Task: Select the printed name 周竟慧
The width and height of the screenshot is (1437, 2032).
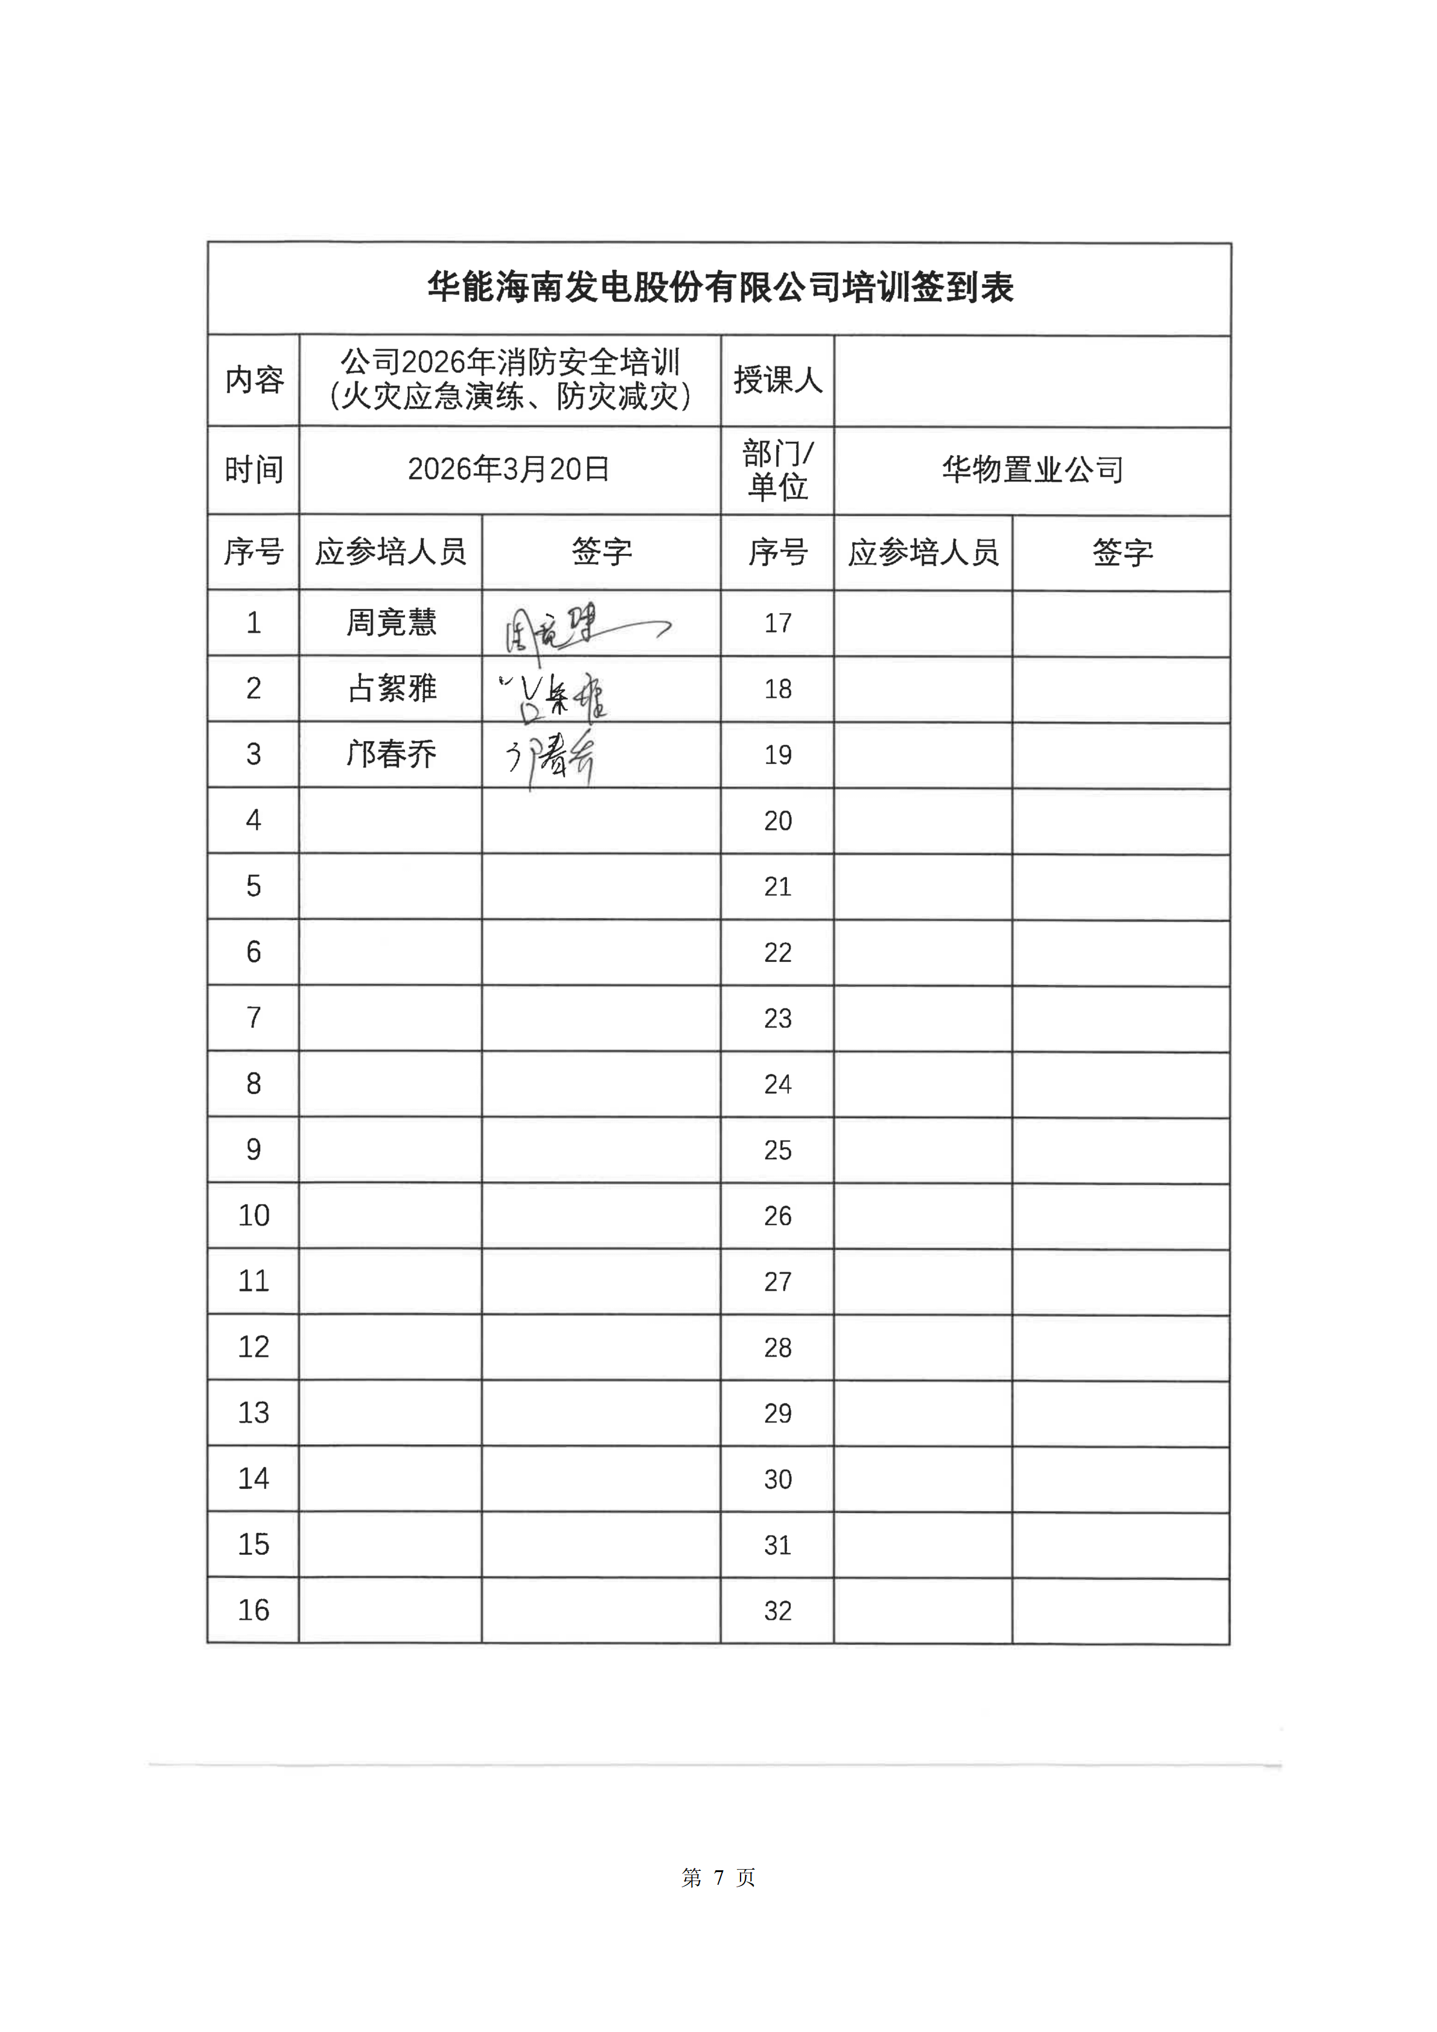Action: click(x=390, y=622)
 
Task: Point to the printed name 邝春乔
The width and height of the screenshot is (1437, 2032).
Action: click(x=390, y=754)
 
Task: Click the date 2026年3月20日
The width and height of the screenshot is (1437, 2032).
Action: click(x=509, y=469)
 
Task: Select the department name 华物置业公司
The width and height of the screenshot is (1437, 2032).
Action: click(x=1032, y=470)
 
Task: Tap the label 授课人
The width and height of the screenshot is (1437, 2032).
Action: click(x=777, y=381)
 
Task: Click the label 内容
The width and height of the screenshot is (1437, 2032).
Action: click(x=254, y=381)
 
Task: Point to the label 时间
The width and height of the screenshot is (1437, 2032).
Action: click(x=254, y=470)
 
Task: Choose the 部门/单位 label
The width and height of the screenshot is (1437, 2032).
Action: click(x=777, y=470)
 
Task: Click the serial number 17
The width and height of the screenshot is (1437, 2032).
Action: click(x=777, y=623)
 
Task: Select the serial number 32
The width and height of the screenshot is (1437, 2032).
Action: click(x=777, y=1611)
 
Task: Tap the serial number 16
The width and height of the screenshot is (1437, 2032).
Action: click(x=254, y=1610)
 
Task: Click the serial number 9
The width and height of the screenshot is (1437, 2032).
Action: click(x=254, y=1150)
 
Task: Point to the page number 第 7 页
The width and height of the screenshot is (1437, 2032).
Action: click(x=718, y=1877)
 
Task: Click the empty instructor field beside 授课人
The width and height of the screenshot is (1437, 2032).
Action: click(x=1032, y=381)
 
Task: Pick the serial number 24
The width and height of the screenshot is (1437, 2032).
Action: click(x=777, y=1084)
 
